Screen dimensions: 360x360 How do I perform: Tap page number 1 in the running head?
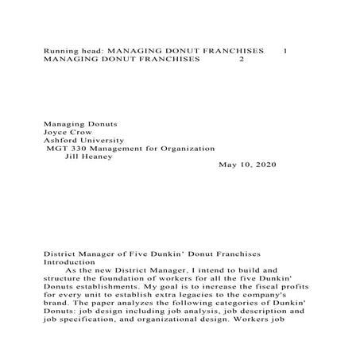point(285,51)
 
